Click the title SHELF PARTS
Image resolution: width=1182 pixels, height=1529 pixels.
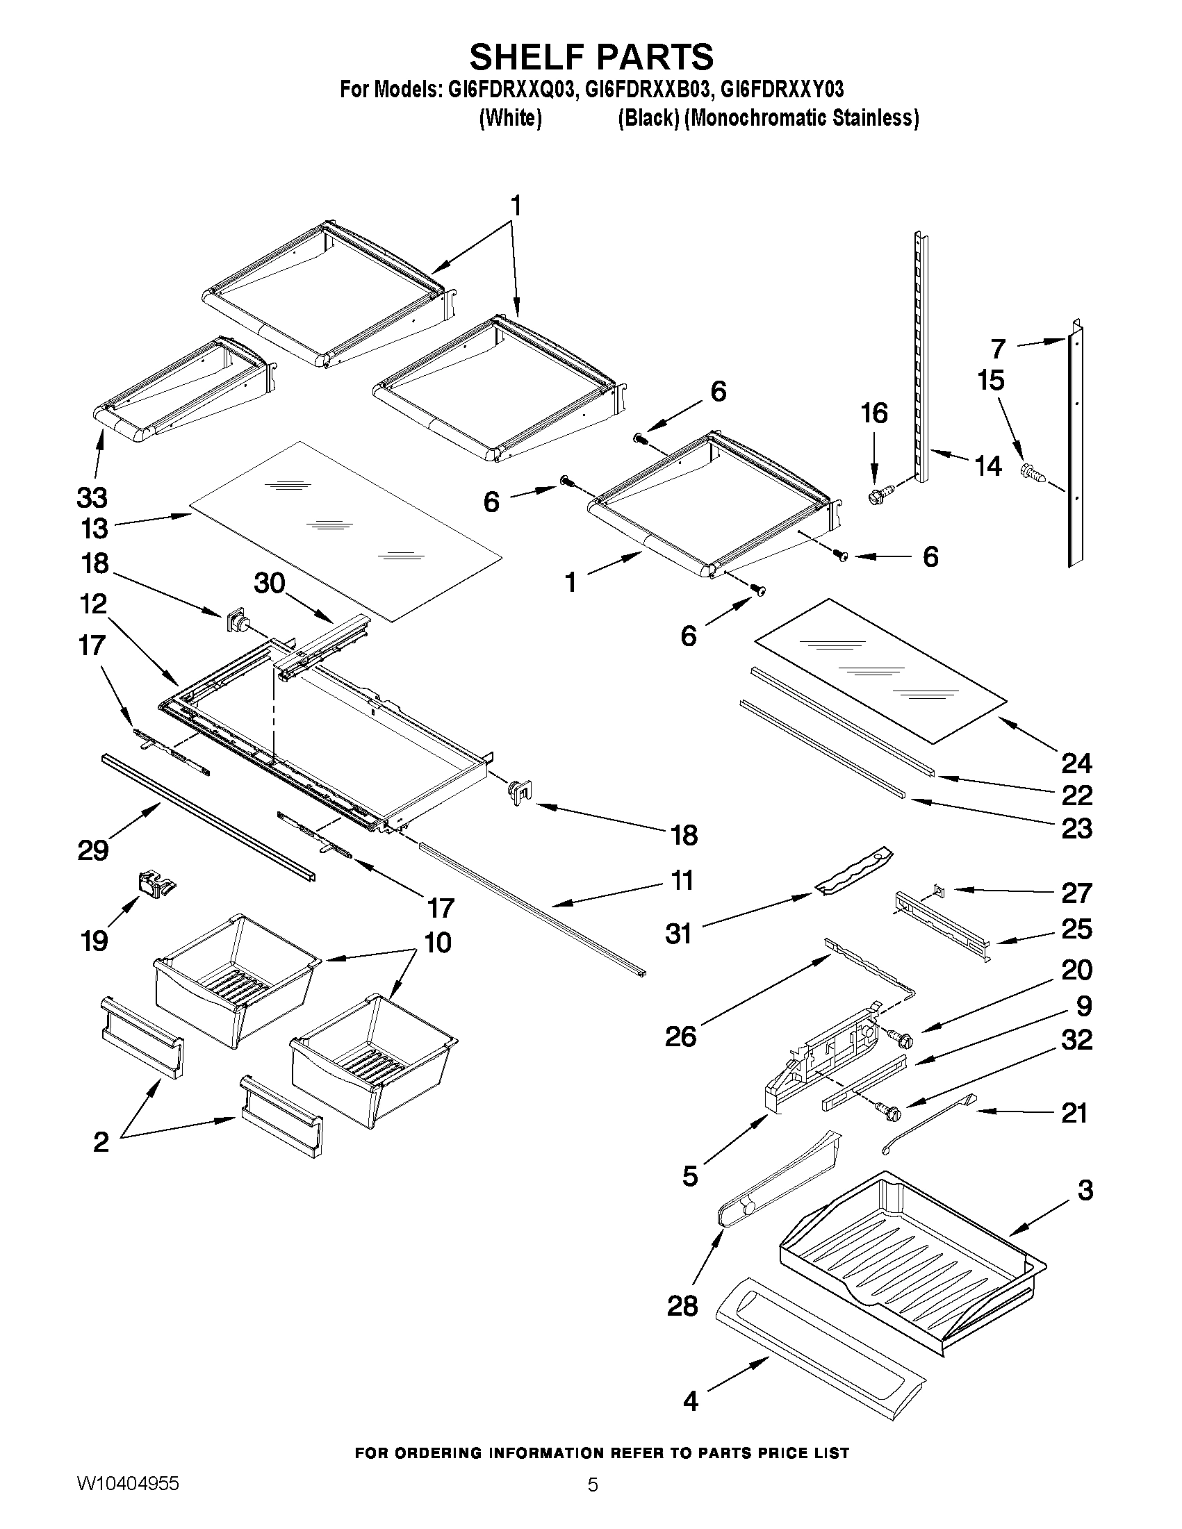(591, 56)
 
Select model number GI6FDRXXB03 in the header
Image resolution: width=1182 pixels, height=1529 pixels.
(646, 90)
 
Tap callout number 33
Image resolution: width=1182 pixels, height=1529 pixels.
(92, 497)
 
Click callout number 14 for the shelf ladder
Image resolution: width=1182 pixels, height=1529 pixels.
(989, 466)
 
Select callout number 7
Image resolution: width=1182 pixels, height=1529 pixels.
(999, 348)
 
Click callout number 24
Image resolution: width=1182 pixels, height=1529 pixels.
(1076, 762)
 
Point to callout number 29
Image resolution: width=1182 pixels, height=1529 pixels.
(93, 850)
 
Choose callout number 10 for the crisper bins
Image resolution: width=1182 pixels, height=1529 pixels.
(438, 942)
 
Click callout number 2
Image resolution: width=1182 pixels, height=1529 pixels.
(101, 1142)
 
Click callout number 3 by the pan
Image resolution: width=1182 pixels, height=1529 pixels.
(1085, 1189)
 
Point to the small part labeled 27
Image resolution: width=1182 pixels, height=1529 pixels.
(939, 891)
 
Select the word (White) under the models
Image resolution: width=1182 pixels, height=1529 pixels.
(510, 118)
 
